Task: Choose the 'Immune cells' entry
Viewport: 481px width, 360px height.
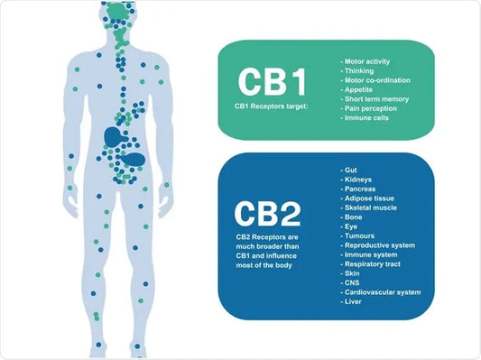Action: [365, 117]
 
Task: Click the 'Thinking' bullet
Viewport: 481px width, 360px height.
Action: [359, 70]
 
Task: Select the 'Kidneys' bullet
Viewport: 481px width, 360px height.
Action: [358, 179]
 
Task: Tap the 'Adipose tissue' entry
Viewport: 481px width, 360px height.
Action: [370, 198]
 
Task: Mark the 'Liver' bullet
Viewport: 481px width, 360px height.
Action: [354, 301]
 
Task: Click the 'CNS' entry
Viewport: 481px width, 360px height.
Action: [353, 282]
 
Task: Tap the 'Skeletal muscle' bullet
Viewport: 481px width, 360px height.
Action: [371, 207]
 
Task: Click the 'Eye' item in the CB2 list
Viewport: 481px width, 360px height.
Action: [352, 226]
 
